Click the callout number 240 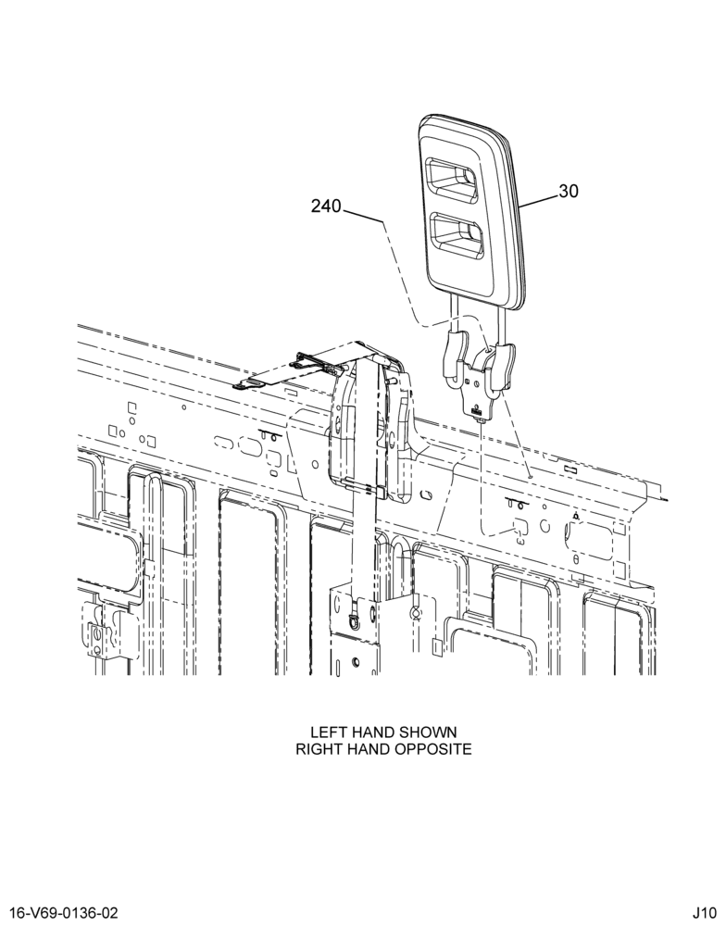[326, 206]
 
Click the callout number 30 [569, 192]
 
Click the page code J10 [705, 913]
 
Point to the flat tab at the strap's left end [246, 385]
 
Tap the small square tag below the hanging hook [435, 646]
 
